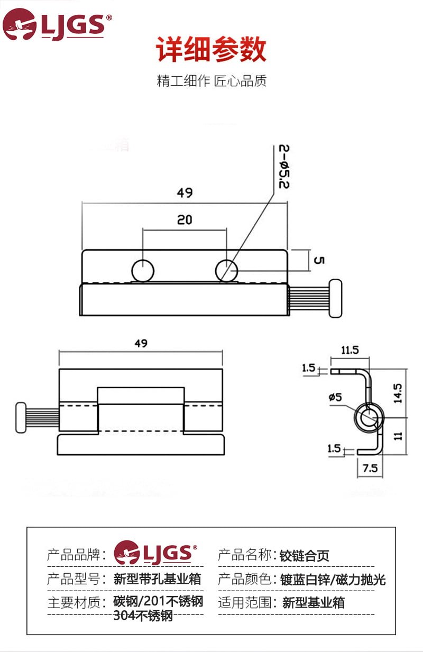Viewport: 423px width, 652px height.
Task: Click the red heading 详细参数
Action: [x=211, y=50]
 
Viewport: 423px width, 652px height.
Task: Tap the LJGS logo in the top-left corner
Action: [x=57, y=24]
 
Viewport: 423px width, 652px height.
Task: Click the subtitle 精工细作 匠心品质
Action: [x=212, y=81]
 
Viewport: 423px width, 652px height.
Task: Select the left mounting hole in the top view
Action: [x=143, y=270]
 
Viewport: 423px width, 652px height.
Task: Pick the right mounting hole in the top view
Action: [x=227, y=270]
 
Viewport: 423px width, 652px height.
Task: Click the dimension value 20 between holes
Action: [x=185, y=219]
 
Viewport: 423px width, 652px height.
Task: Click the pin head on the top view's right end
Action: [x=335, y=298]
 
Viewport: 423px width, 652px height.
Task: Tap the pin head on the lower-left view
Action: [x=21, y=418]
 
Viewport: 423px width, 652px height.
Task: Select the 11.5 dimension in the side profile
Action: [x=350, y=350]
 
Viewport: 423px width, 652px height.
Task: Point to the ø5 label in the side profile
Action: [x=335, y=397]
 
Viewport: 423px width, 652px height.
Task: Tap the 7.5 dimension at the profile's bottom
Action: [x=371, y=469]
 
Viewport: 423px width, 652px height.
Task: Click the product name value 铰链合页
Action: [x=305, y=556]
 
